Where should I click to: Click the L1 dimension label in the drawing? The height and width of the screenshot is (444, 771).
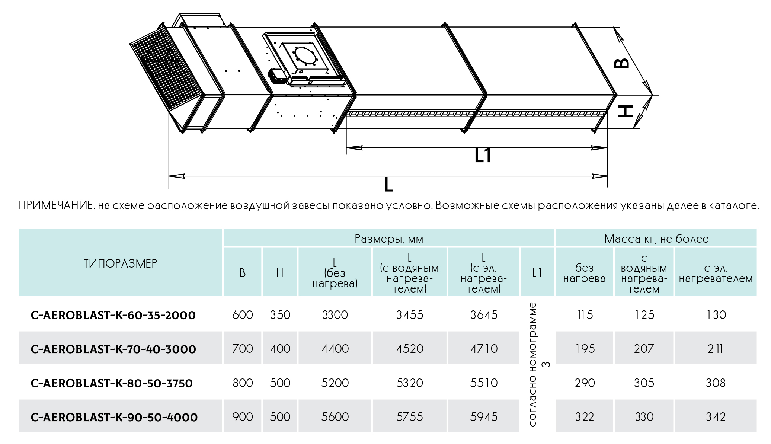pos(483,156)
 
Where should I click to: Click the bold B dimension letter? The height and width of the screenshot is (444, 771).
pos(621,63)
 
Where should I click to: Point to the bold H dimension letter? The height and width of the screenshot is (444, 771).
pos(626,111)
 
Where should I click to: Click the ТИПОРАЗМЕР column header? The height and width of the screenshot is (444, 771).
pos(120,263)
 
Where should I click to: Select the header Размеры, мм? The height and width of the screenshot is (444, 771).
pos(389,239)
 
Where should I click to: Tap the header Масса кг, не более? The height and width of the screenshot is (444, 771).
pos(656,239)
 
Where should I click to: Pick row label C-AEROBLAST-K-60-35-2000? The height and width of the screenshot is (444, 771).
pos(113,315)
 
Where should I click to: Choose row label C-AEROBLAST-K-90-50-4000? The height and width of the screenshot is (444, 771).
pos(114,417)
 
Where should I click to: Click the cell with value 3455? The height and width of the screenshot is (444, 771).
pos(409,315)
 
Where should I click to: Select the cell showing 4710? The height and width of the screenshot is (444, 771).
pos(484,349)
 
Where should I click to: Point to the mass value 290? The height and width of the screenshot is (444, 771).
pos(585,383)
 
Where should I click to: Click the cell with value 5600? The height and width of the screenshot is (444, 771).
pos(335,417)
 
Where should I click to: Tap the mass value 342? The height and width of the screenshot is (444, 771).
pos(716,417)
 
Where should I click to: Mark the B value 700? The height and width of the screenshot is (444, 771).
pos(243,349)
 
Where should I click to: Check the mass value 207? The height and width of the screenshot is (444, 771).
pos(644,349)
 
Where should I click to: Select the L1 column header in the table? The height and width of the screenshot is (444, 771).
pos(537,273)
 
